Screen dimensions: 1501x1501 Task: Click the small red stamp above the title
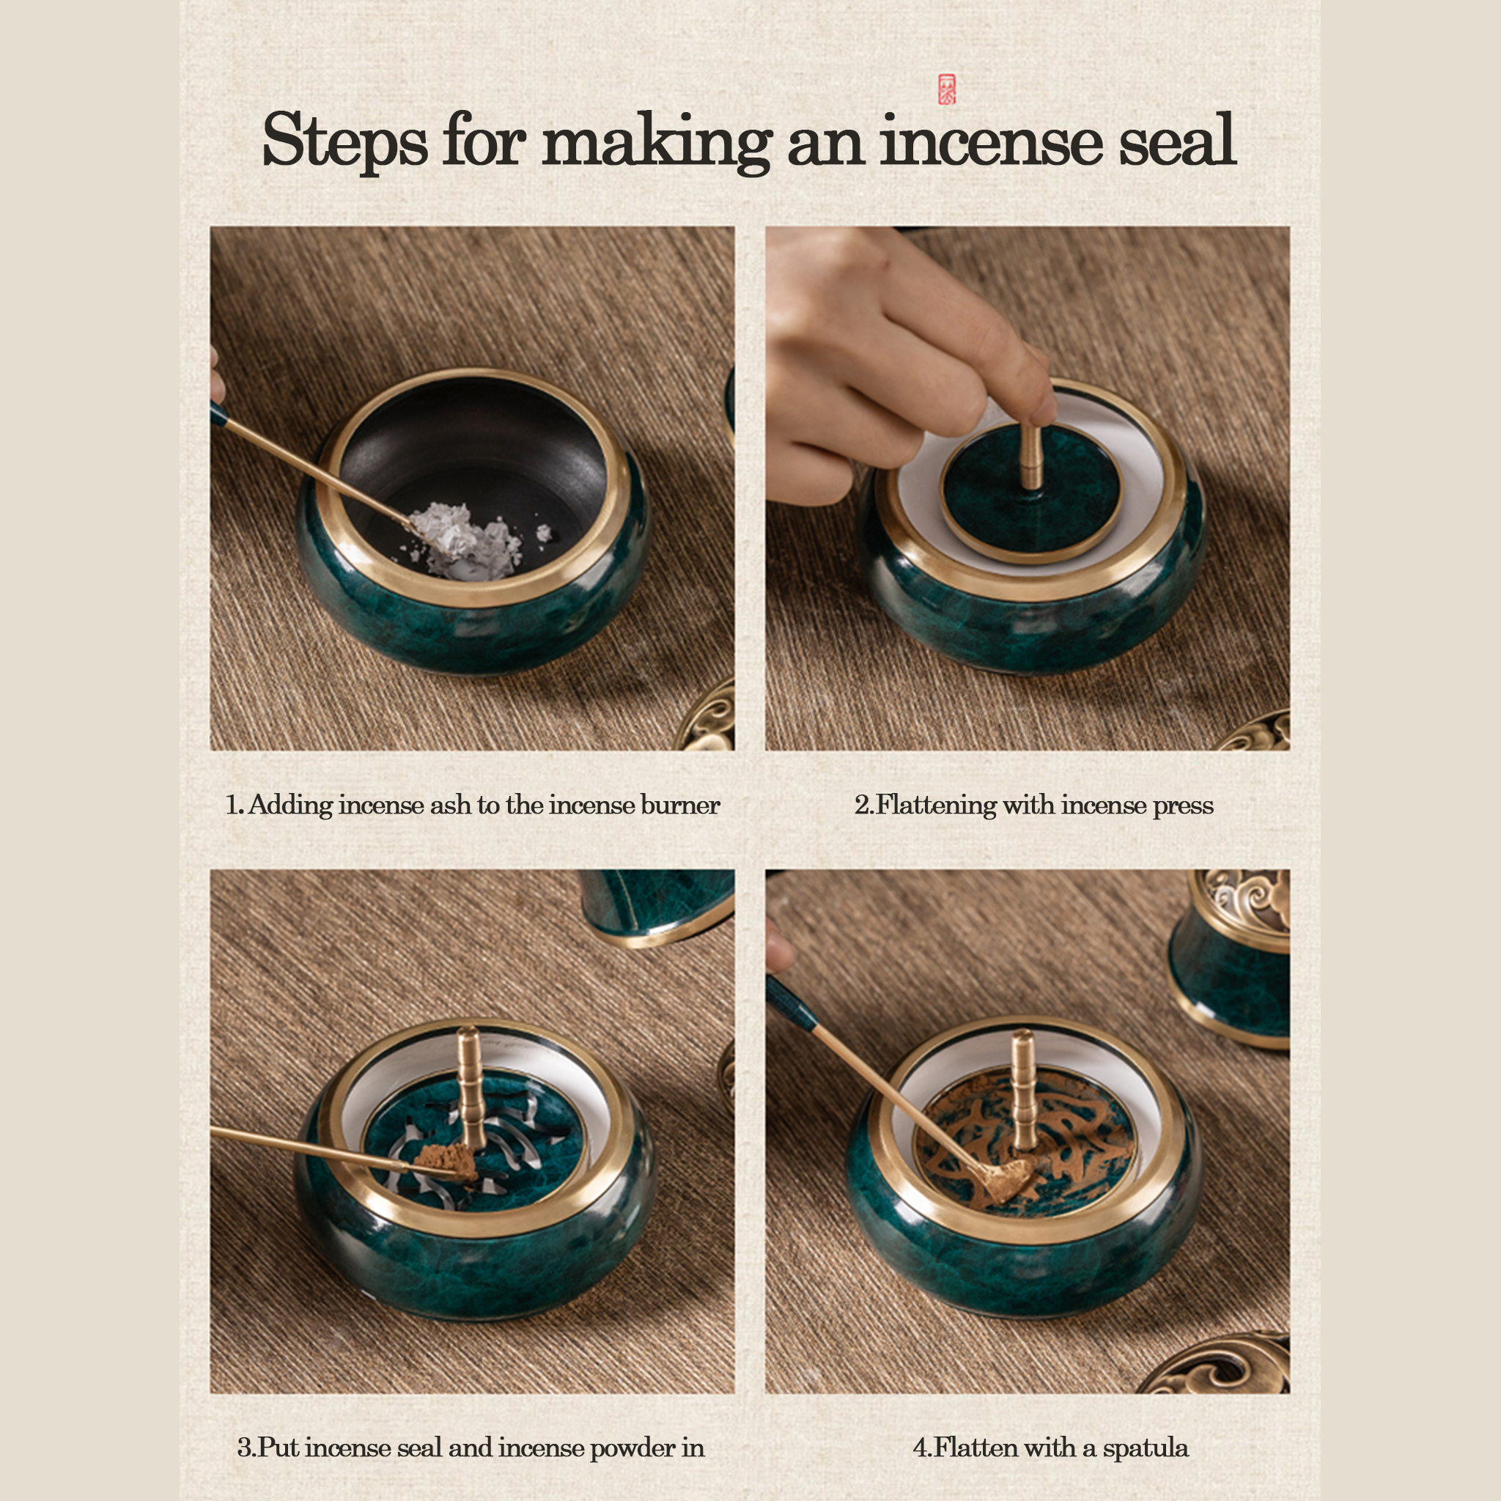pyautogui.click(x=947, y=89)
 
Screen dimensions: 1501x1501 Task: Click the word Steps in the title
pyautogui.click(x=344, y=141)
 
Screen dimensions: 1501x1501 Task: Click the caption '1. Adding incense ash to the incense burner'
pyautogui.click(x=473, y=805)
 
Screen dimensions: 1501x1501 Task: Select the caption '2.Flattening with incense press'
pyautogui.click(x=1033, y=805)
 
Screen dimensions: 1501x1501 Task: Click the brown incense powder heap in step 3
pyautogui.click(x=445, y=1159)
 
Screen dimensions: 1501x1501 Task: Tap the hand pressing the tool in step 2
pyautogui.click(x=893, y=365)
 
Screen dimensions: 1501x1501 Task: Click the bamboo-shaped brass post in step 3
pyautogui.click(x=469, y=1088)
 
